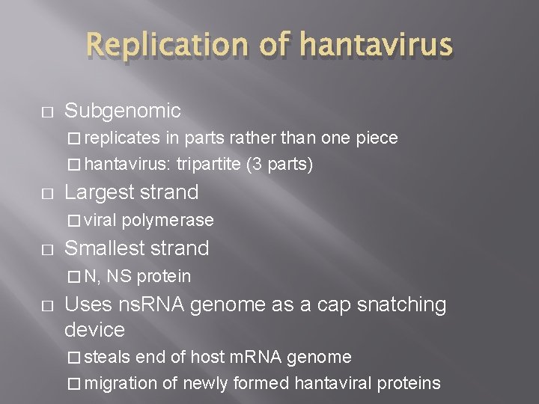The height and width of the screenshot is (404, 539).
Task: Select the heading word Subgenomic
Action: (122, 111)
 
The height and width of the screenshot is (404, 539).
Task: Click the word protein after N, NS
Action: (164, 276)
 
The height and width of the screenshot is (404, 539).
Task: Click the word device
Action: (94, 329)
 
